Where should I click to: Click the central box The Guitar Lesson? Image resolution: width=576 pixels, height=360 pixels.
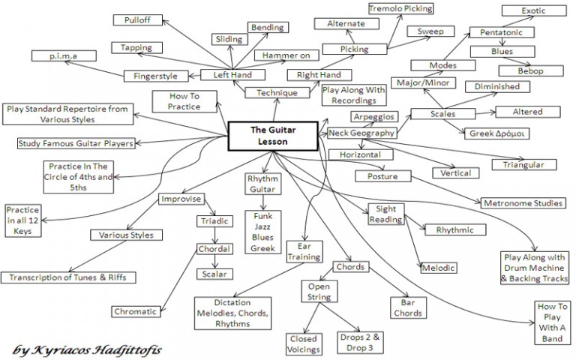click(x=273, y=136)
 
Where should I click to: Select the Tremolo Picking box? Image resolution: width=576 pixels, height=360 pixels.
click(x=400, y=8)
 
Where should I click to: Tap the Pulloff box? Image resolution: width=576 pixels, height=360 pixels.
click(x=138, y=19)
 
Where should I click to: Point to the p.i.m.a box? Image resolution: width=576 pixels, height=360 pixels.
click(x=64, y=55)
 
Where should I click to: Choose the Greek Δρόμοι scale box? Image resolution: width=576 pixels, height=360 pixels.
click(x=496, y=133)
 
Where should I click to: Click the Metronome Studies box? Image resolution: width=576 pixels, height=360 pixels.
click(x=523, y=202)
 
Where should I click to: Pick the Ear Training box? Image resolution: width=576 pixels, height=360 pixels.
click(x=304, y=252)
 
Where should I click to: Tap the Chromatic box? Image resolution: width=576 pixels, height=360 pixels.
click(x=136, y=311)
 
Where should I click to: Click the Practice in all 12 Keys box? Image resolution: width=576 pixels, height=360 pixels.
click(x=22, y=220)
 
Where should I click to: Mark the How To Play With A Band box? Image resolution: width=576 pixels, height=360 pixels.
click(x=552, y=322)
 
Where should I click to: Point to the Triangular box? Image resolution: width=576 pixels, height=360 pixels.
click(x=523, y=164)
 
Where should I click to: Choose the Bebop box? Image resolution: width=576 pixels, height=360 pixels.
click(x=531, y=71)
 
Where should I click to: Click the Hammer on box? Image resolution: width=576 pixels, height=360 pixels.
click(x=286, y=55)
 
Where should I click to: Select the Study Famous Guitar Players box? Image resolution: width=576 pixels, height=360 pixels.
click(x=76, y=143)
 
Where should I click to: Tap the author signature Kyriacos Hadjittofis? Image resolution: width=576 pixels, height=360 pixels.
click(x=87, y=349)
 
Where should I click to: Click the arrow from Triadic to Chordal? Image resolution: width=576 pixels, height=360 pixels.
click(x=215, y=235)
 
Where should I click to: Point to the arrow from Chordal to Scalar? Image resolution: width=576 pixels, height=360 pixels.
click(x=215, y=262)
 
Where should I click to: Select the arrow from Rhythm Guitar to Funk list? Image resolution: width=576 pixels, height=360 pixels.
click(x=263, y=202)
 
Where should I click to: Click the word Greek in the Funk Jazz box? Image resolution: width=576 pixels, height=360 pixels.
click(x=263, y=248)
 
